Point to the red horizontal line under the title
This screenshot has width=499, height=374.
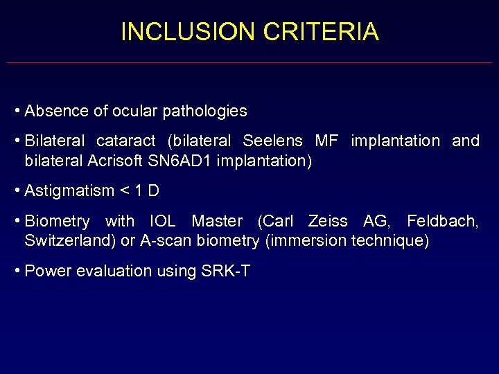point(249,63)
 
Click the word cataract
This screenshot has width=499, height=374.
point(126,141)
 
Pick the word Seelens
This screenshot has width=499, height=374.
point(272,141)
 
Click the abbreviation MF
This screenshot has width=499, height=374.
point(326,141)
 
